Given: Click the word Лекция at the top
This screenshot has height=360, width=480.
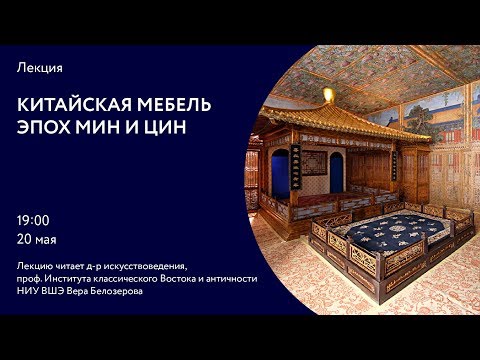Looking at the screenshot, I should coord(40,67).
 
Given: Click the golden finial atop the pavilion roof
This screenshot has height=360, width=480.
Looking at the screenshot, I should coord(327,95).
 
